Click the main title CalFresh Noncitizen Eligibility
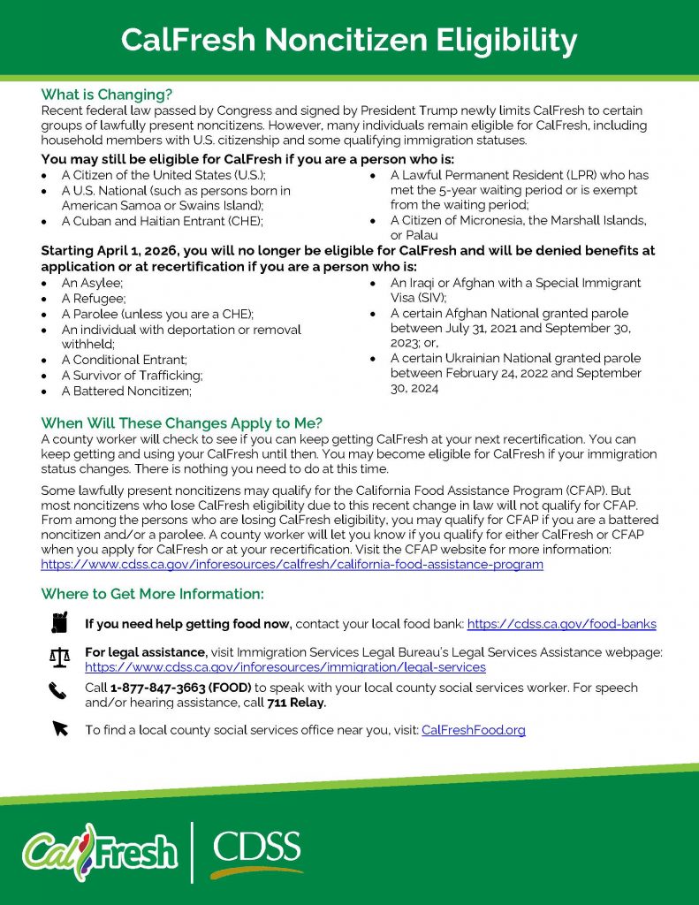349,40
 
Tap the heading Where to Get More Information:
152,594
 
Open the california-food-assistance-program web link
292,564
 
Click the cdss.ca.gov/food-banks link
561,624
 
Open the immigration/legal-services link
285,667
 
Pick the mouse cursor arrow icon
59,729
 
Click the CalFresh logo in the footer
100,851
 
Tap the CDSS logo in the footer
256,851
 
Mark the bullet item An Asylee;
92,284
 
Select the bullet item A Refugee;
93,299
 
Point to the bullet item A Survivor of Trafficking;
132,376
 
